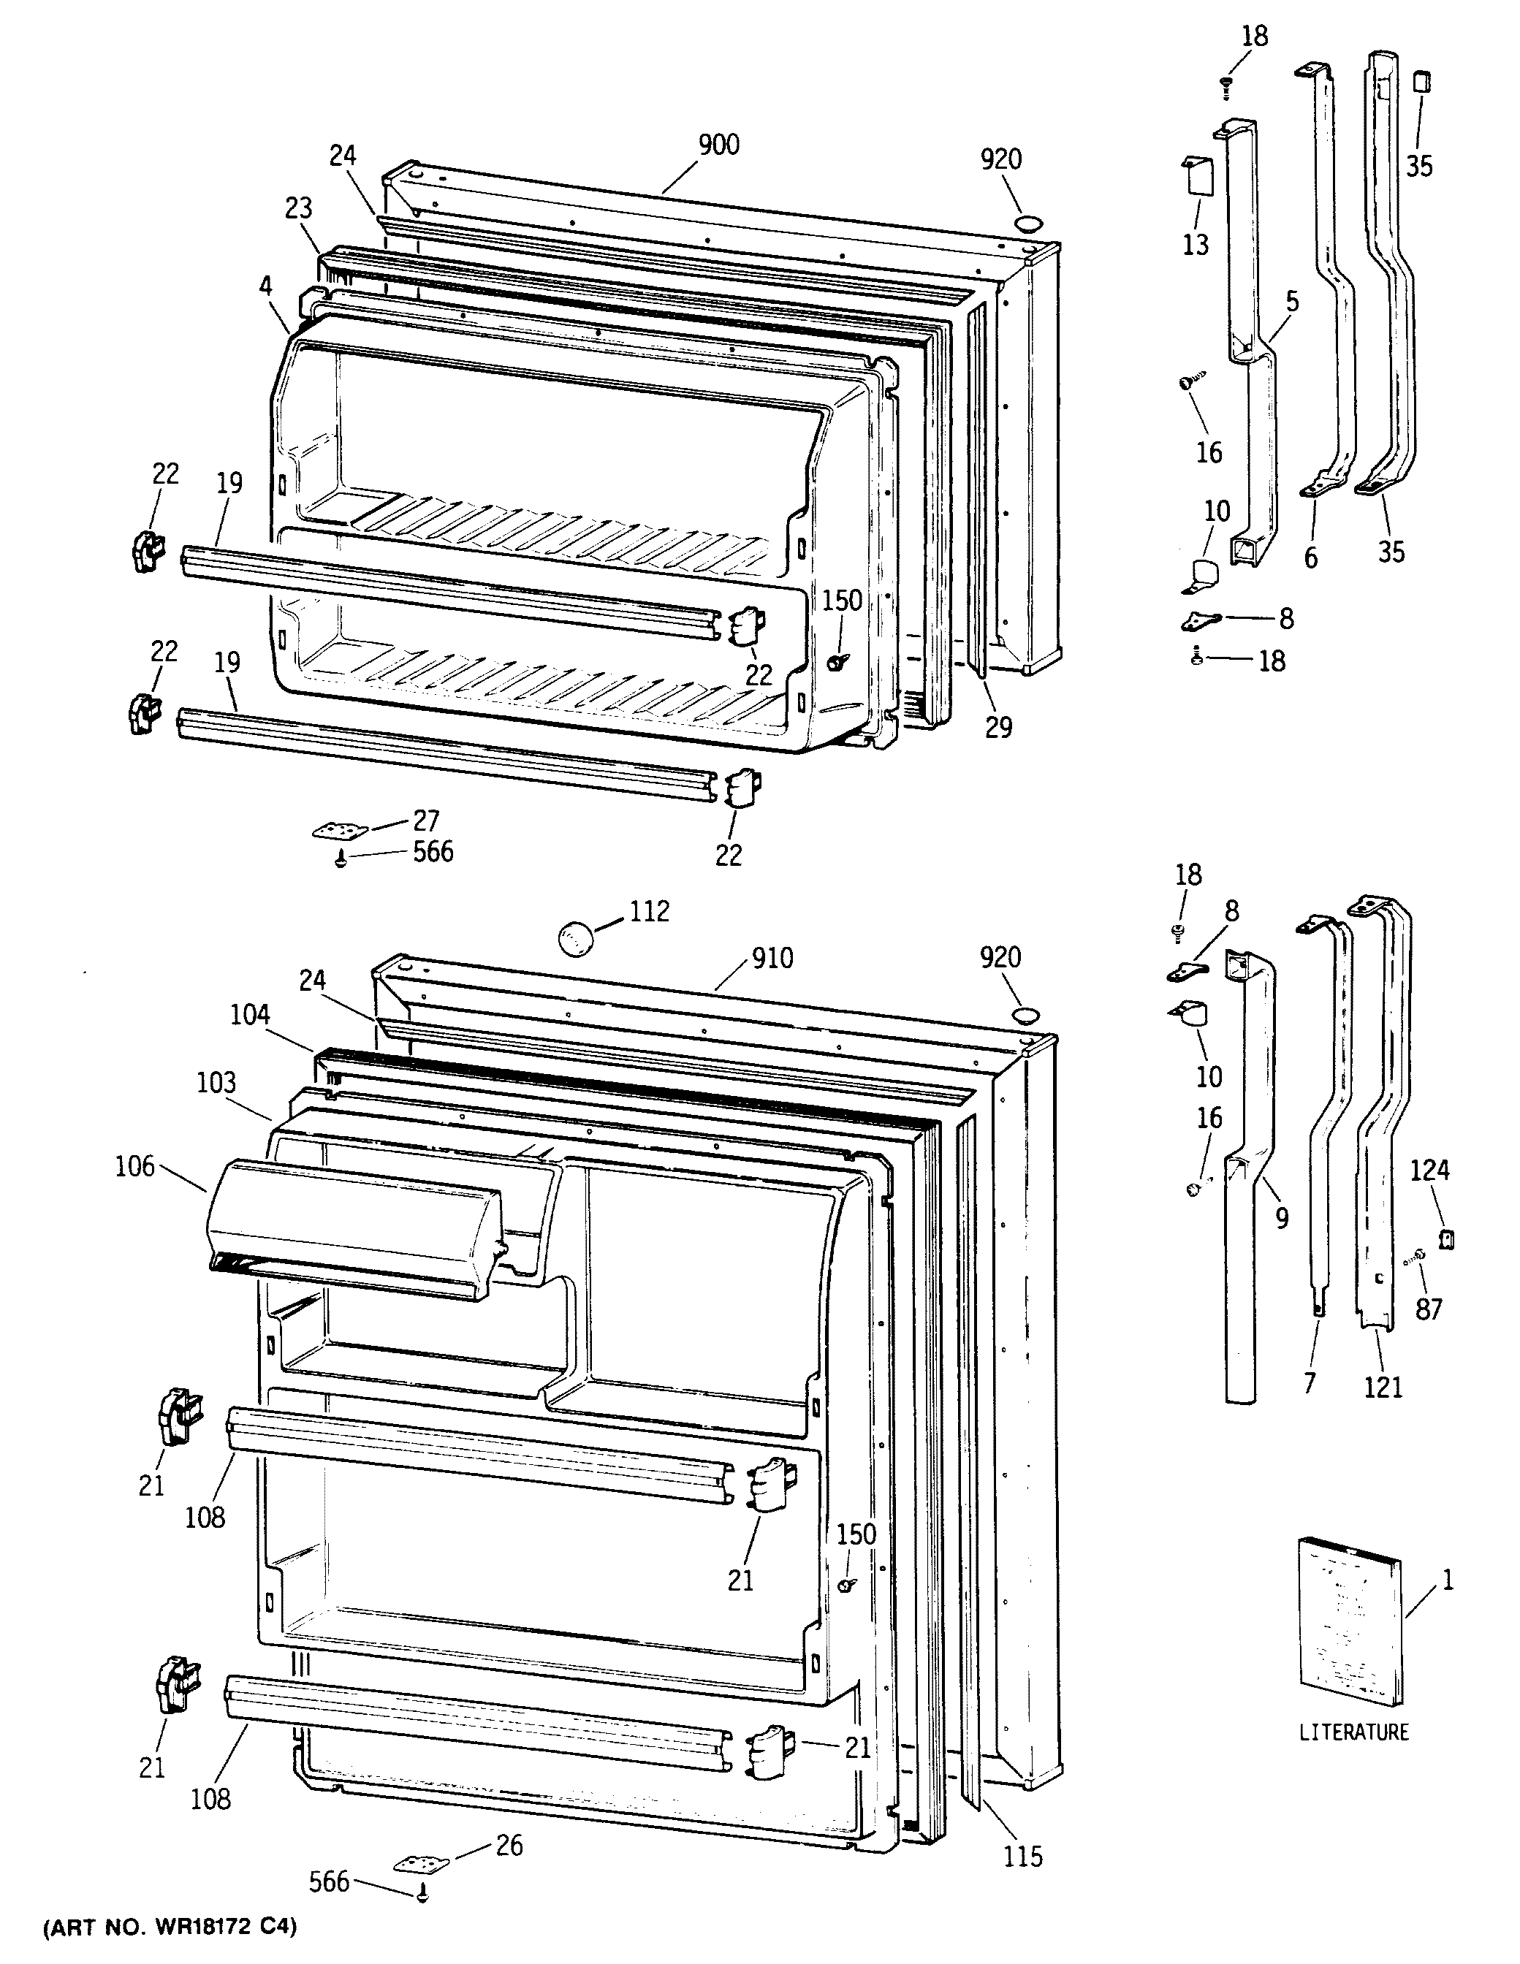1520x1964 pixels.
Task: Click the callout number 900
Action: [x=718, y=145]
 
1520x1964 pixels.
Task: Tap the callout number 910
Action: [x=772, y=959]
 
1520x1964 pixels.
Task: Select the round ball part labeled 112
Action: [x=576, y=939]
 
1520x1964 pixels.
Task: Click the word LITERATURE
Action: [x=1353, y=1731]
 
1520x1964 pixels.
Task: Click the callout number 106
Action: [x=135, y=1168]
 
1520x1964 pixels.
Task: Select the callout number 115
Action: [x=1024, y=1855]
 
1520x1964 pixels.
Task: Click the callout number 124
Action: [x=1429, y=1170]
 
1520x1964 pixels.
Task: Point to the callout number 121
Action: [x=1383, y=1388]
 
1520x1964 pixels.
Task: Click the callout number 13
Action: [x=1196, y=245]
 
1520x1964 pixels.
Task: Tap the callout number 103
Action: [x=218, y=1082]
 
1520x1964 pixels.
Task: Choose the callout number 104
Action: [x=249, y=1014]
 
